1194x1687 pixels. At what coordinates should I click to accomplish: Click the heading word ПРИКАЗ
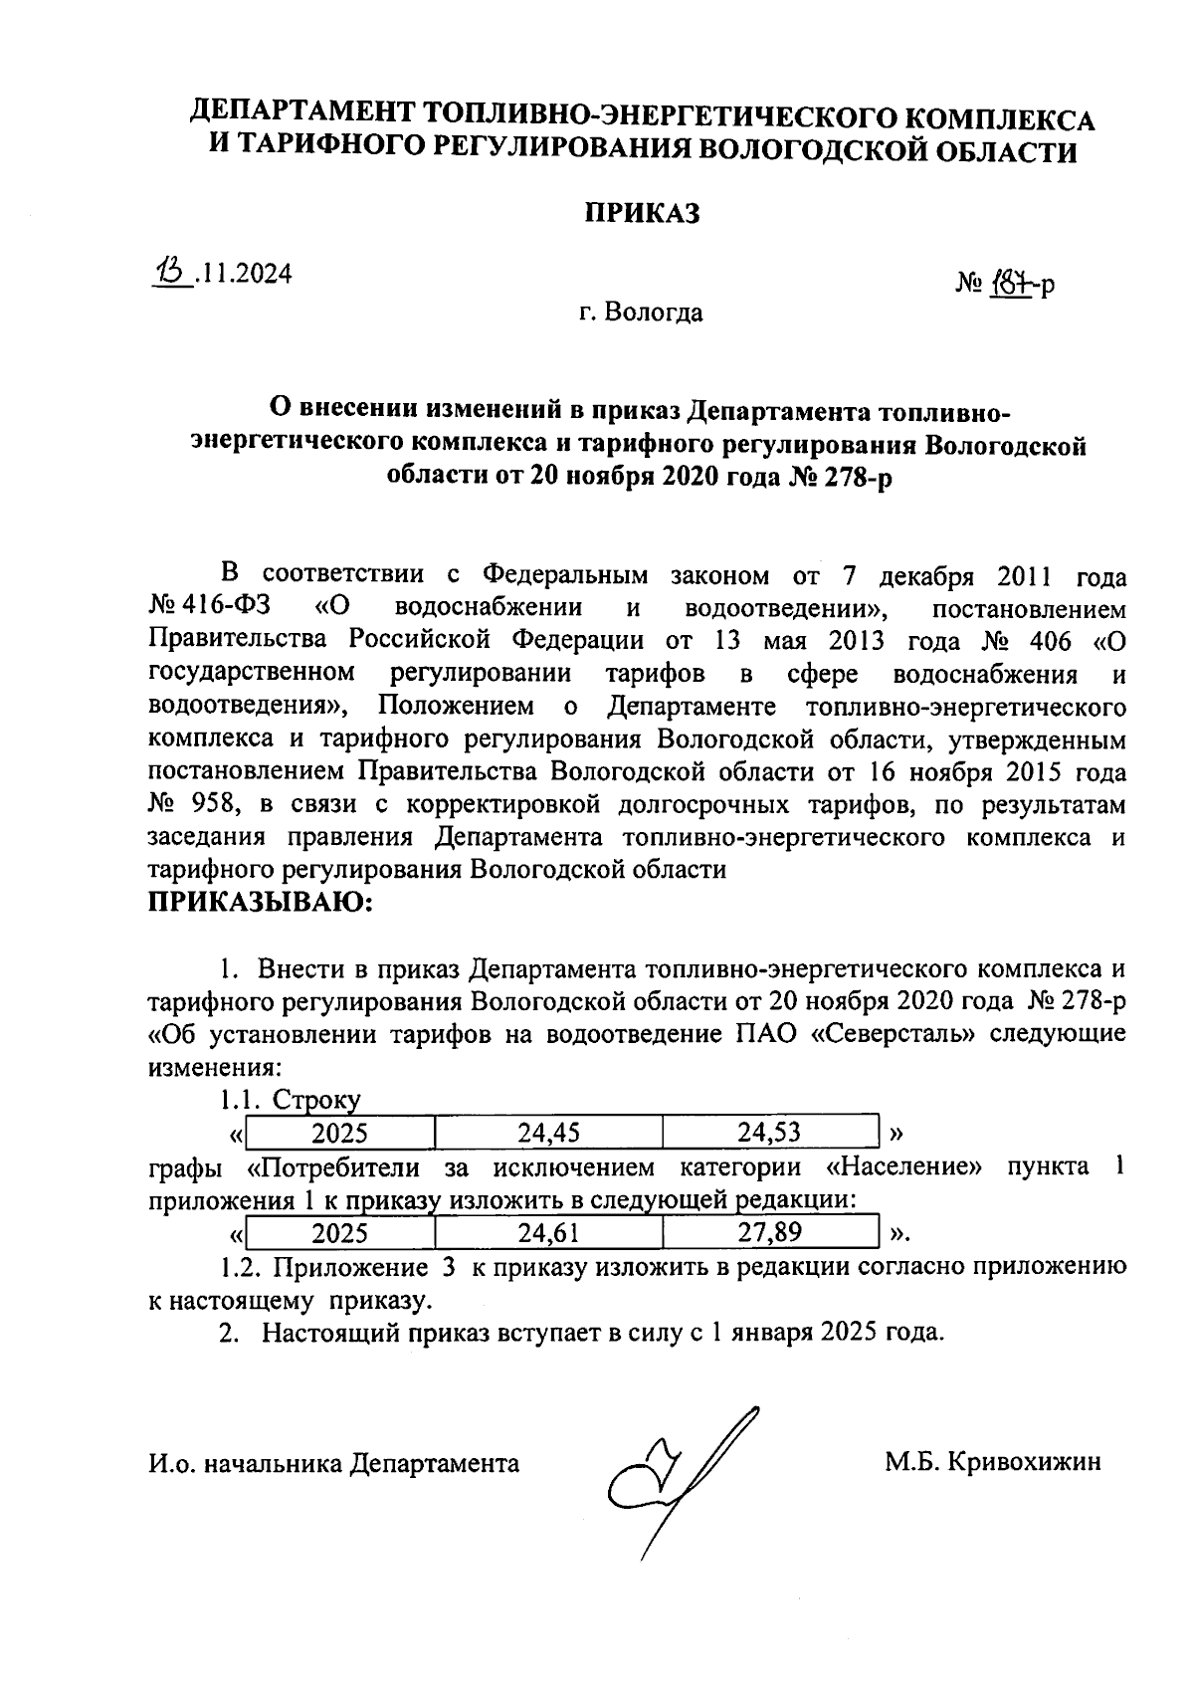pos(642,213)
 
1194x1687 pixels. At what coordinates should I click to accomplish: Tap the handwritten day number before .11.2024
pos(171,271)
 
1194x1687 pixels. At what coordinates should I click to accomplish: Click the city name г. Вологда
pos(641,313)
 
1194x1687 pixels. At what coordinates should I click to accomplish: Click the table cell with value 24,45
pos(548,1132)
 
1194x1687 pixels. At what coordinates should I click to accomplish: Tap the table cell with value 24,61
pos(548,1233)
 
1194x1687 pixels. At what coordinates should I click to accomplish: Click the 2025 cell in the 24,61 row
pos(339,1233)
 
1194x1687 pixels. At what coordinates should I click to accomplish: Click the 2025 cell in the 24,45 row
pos(339,1132)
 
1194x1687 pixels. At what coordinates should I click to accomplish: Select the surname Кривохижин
pos(1024,1462)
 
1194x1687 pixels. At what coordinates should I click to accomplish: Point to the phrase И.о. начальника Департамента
pos(333,1463)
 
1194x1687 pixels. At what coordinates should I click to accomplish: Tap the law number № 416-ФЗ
pos(213,607)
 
